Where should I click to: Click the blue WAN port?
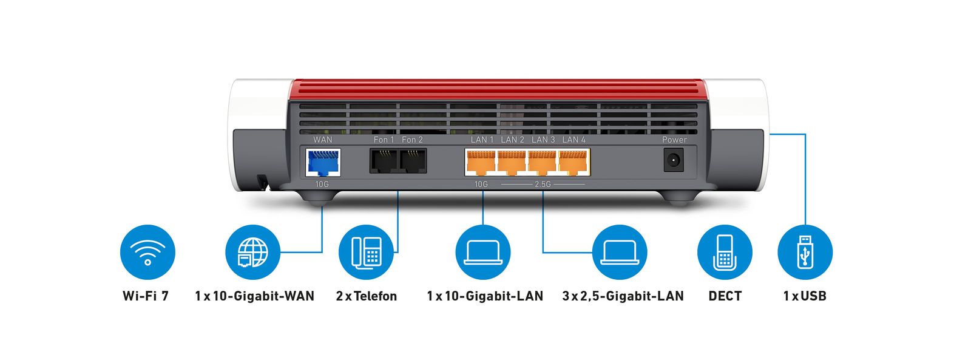point(323,162)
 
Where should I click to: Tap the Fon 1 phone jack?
point(384,161)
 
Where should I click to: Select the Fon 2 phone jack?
point(413,161)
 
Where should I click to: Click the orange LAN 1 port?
point(481,162)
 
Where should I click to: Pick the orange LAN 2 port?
point(512,162)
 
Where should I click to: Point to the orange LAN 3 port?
point(543,162)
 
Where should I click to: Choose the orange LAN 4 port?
point(573,162)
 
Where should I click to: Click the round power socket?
point(674,161)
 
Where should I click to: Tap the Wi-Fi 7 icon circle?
point(147,252)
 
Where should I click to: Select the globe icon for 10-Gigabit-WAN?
point(252,252)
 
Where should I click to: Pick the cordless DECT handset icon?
point(725,252)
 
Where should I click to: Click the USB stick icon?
point(805,252)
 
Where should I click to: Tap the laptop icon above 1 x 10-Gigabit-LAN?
point(483,252)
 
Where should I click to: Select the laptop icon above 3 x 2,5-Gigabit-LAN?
point(620,252)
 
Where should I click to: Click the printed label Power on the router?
point(674,140)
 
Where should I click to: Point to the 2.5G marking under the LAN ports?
point(543,184)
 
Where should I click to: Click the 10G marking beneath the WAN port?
point(322,184)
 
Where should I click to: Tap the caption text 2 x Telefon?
point(367,296)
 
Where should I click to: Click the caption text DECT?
point(725,296)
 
